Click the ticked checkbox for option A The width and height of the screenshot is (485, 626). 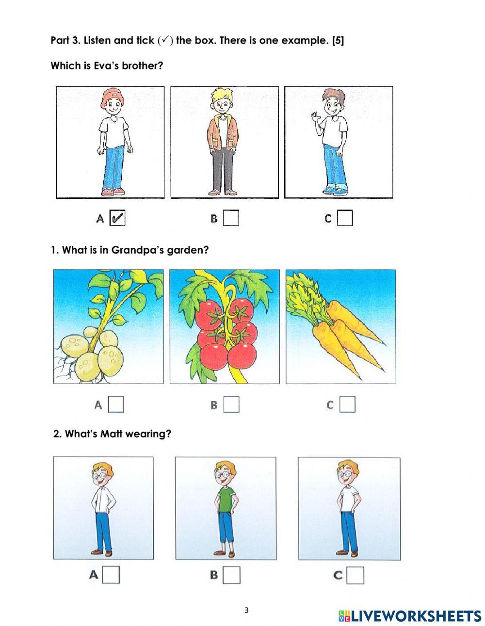[117, 218]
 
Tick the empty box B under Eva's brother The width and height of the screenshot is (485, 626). [231, 218]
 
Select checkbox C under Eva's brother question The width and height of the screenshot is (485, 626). [345, 218]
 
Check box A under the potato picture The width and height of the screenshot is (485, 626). [116, 404]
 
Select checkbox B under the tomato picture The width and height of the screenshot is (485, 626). [231, 404]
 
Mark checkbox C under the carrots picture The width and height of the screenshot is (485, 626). [347, 404]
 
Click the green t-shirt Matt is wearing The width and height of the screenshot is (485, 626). [225, 500]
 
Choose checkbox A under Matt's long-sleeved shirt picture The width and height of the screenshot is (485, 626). [112, 575]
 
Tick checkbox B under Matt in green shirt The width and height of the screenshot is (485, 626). [232, 575]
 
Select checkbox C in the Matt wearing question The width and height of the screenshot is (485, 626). [356, 575]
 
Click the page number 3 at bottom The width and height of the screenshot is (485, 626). [246, 610]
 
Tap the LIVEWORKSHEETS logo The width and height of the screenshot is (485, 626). [410, 616]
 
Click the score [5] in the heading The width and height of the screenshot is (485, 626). [338, 41]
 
